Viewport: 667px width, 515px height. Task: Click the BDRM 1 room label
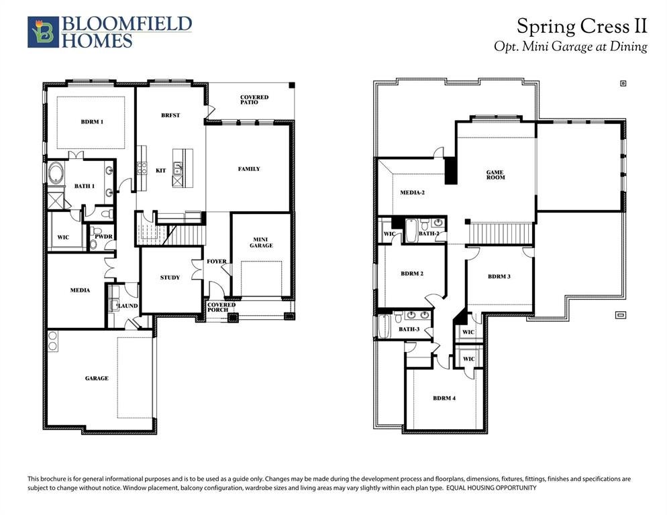coord(93,121)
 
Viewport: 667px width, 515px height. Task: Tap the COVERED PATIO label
coord(254,100)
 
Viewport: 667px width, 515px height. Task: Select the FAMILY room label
coord(249,169)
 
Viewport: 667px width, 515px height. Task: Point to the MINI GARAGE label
coord(261,242)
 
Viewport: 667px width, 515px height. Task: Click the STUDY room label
coord(170,277)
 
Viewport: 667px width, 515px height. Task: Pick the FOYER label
coord(217,262)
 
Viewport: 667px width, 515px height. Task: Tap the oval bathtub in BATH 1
coord(56,173)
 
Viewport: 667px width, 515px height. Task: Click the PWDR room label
coord(103,237)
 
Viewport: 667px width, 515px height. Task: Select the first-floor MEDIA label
coord(80,290)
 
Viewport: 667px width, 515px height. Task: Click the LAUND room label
coord(127,306)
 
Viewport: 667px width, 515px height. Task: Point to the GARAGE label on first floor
coord(97,378)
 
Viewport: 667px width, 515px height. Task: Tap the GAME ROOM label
coord(496,175)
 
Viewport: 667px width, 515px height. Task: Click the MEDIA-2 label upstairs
coord(412,192)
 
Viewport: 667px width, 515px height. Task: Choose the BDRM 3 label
coord(499,276)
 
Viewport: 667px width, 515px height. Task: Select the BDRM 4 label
coord(444,398)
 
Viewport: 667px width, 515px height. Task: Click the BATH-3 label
coord(409,329)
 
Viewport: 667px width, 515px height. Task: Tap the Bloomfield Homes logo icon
coord(43,32)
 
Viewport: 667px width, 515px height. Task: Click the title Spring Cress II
coord(582,26)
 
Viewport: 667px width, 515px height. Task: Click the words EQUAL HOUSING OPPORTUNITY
coord(491,488)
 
